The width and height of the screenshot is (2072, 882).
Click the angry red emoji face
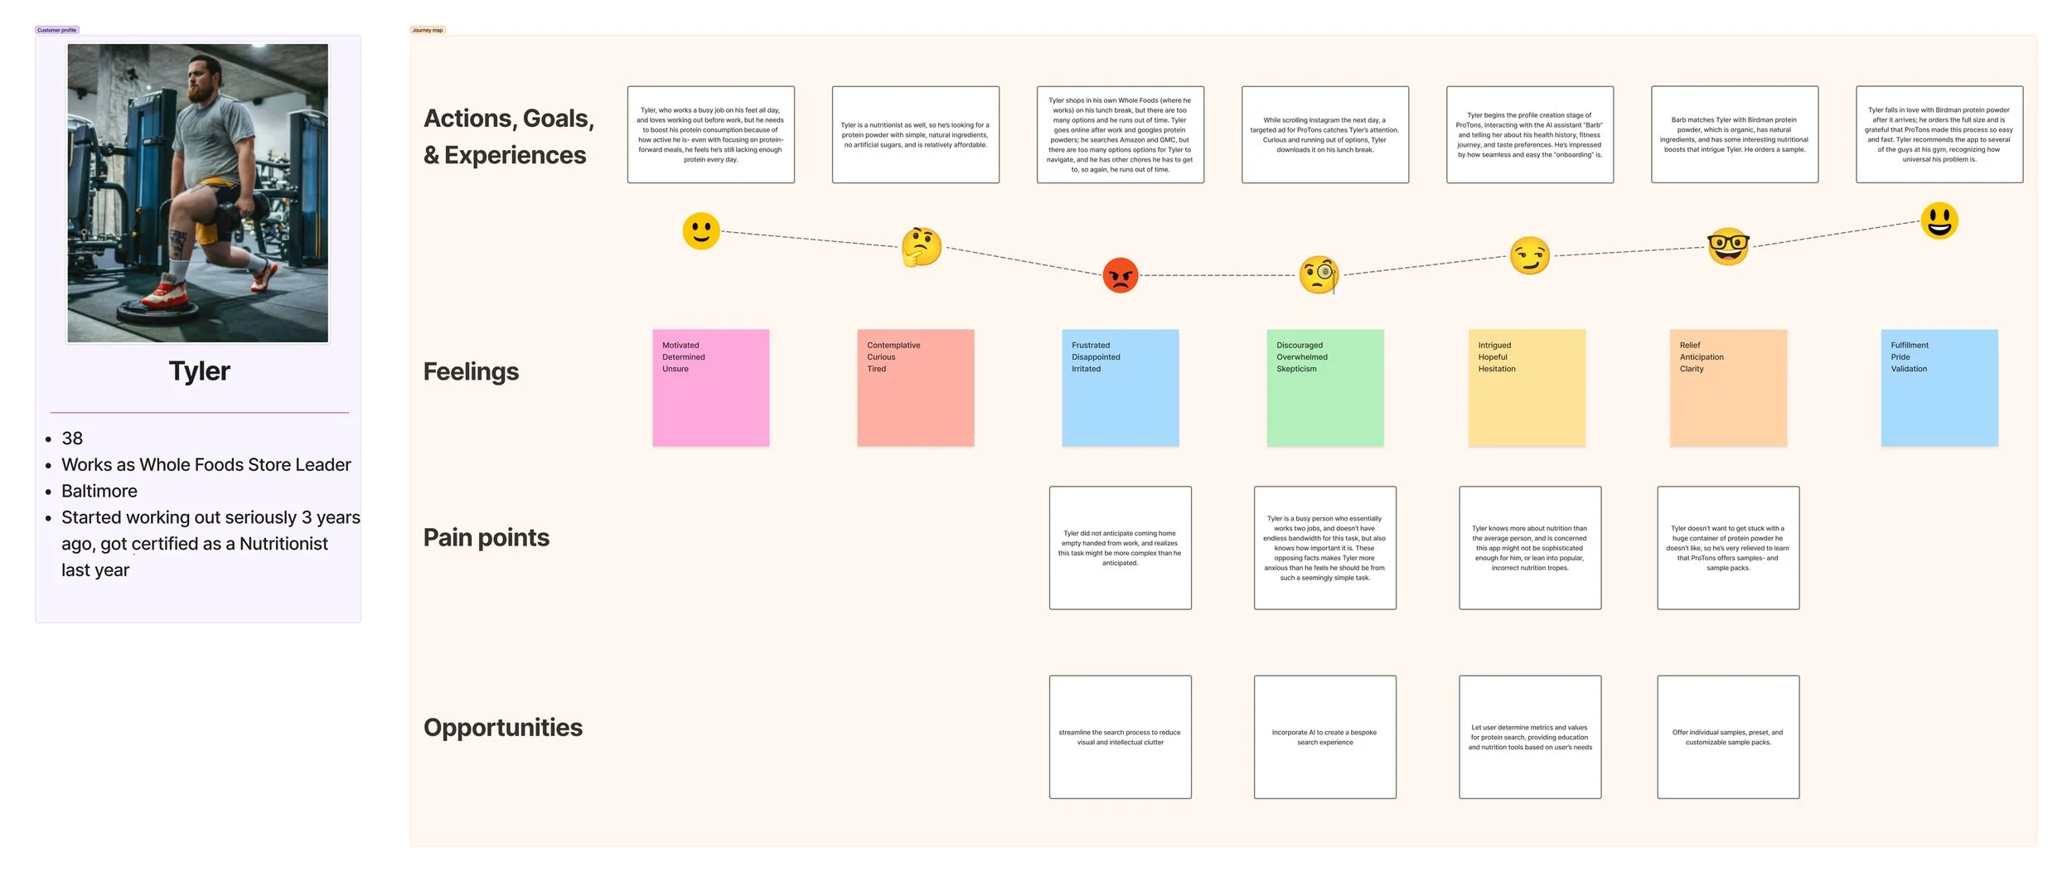pyautogui.click(x=1120, y=275)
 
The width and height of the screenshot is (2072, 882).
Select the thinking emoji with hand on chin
pyautogui.click(x=921, y=247)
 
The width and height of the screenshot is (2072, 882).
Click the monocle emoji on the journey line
pyautogui.click(x=1319, y=275)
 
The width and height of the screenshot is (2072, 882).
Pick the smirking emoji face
pyautogui.click(x=1529, y=255)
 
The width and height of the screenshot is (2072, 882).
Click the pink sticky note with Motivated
pyautogui.click(x=710, y=388)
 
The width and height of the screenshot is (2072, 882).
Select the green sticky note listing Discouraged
pyautogui.click(x=1324, y=388)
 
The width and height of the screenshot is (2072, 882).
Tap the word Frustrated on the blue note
pyautogui.click(x=1090, y=346)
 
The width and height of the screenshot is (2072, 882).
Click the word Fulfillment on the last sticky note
pyautogui.click(x=1909, y=346)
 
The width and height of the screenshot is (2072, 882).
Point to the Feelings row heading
pyautogui.click(x=471, y=371)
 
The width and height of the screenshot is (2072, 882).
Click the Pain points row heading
pyautogui.click(x=486, y=538)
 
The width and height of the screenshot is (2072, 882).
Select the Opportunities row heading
pyautogui.click(x=502, y=728)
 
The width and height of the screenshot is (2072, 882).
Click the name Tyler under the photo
pyautogui.click(x=199, y=371)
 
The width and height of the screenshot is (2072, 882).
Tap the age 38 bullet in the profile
pyautogui.click(x=72, y=439)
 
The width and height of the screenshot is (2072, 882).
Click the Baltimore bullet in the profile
pyautogui.click(x=99, y=492)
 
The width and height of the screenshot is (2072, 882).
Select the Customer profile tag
pyautogui.click(x=56, y=30)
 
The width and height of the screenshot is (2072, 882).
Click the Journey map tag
pyautogui.click(x=427, y=30)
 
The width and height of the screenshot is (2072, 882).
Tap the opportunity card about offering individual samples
pyautogui.click(x=1727, y=737)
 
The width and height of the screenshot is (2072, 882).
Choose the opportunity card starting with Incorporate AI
pyautogui.click(x=1324, y=737)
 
